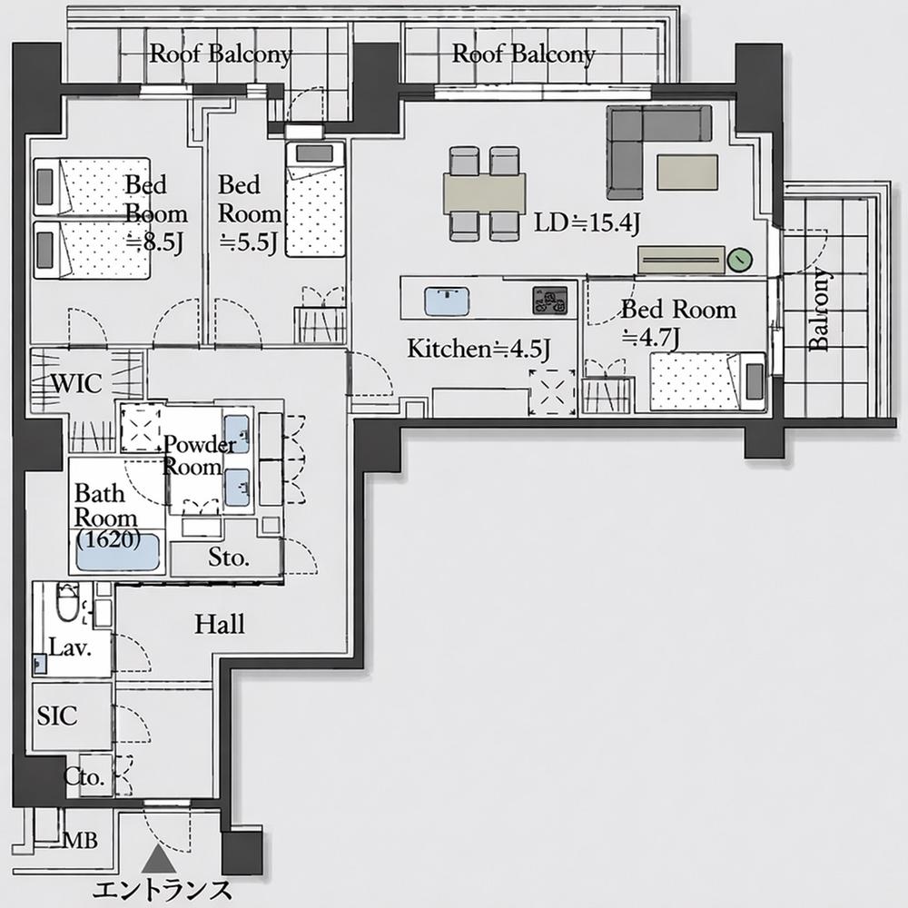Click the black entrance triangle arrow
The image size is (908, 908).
click(159, 858)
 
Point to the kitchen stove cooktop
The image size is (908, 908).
click(550, 300)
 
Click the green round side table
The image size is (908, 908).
click(739, 260)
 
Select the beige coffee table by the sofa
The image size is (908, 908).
click(687, 172)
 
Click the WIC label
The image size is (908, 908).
click(77, 383)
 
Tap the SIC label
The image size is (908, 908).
click(56, 716)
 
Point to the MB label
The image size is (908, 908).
click(80, 840)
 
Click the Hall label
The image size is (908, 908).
click(220, 625)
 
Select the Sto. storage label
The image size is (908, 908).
click(229, 558)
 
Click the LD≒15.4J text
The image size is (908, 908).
click(587, 223)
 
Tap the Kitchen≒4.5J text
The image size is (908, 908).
click(479, 349)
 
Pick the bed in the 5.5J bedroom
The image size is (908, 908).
click(315, 199)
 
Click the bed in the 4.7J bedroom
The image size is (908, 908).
click(707, 381)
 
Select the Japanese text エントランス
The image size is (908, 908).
click(163, 890)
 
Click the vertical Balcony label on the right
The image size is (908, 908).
click(818, 309)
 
